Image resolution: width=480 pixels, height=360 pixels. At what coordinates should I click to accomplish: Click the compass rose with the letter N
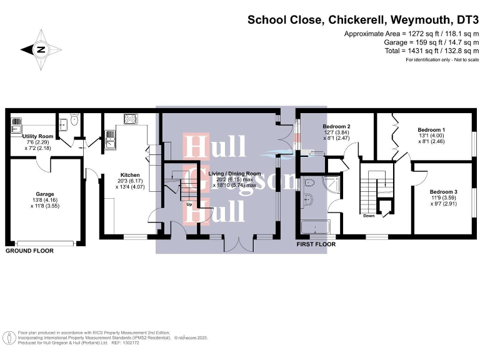pos(41,49)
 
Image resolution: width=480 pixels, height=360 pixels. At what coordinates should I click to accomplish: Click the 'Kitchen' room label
pos(129,175)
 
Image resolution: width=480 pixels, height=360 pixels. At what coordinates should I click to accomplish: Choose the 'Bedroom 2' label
pos(336,127)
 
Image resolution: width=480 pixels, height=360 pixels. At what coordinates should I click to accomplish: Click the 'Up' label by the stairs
pos(189,204)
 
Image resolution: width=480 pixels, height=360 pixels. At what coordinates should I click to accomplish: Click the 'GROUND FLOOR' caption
pos(29,250)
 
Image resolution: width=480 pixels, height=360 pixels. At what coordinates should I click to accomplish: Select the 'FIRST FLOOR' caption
pos(316,244)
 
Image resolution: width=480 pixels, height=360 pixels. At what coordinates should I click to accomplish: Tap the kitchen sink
pos(110,139)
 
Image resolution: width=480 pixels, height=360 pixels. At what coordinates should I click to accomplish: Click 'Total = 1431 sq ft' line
pos(411,51)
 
